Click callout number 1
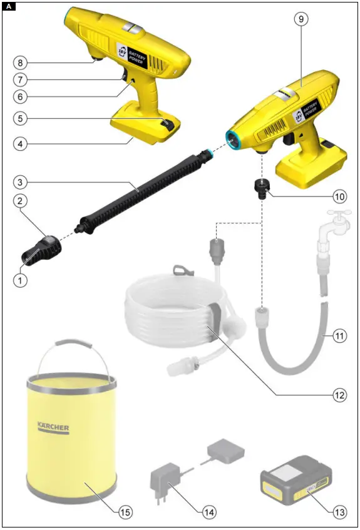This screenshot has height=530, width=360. point(21,281)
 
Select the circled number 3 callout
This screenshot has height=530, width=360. point(21,182)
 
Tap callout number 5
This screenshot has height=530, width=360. point(21,118)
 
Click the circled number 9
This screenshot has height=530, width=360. point(302,19)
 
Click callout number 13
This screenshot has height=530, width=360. point(339,511)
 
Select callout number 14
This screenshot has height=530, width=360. point(208,511)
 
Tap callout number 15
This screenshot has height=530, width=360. point(126,511)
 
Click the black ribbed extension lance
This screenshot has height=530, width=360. point(144,191)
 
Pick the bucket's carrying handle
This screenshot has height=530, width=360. point(69,350)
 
